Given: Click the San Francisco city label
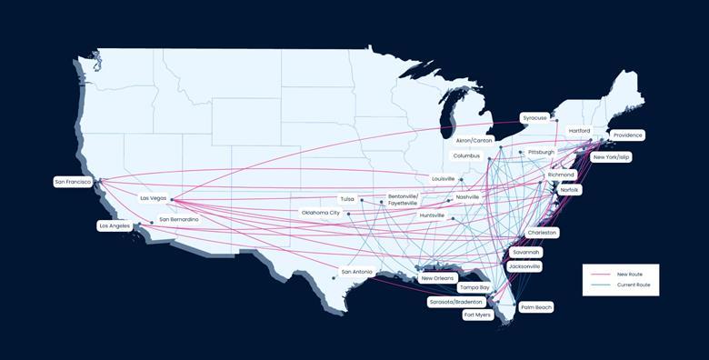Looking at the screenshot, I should click(x=73, y=182).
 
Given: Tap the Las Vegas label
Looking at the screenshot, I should click(x=153, y=198).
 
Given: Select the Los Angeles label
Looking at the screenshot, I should click(x=115, y=225).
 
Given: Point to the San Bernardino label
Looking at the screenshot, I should click(x=178, y=219).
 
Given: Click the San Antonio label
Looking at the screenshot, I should click(x=356, y=272).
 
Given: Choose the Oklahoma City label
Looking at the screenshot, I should click(x=321, y=213).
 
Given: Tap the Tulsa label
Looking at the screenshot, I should click(x=347, y=198).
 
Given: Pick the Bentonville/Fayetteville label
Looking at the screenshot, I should click(x=404, y=199).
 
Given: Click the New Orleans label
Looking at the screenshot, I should click(x=437, y=278).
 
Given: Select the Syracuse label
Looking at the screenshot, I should click(x=534, y=117).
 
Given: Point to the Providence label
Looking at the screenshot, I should click(x=627, y=135).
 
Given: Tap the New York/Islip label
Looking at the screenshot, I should click(x=611, y=157).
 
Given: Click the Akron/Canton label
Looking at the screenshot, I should click(x=474, y=141).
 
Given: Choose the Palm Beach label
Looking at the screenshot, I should click(x=536, y=307).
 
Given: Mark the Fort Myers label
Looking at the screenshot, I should click(x=477, y=315).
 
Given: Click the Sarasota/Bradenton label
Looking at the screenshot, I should click(x=456, y=302).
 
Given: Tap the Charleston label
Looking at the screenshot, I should click(x=542, y=233).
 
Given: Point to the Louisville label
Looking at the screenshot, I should click(x=444, y=179).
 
